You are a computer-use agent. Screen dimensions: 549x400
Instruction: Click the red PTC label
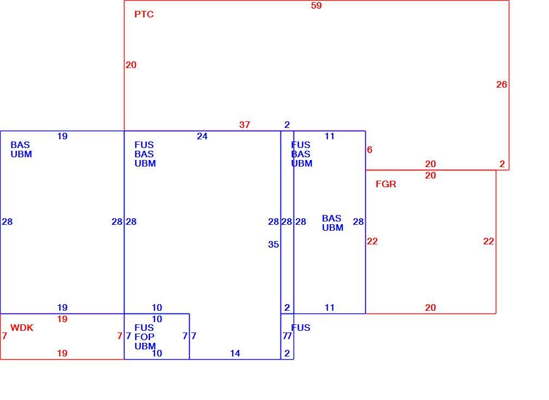pyautogui.click(x=144, y=14)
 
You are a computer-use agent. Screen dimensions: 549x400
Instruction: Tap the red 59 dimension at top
pyautogui.click(x=316, y=5)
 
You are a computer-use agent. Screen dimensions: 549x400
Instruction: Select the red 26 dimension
pyautogui.click(x=501, y=84)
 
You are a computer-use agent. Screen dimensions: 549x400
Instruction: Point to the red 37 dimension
pyautogui.click(x=245, y=125)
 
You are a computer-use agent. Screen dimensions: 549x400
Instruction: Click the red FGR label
pyautogui.click(x=386, y=184)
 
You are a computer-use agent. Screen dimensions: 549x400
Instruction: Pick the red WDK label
pyautogui.click(x=22, y=328)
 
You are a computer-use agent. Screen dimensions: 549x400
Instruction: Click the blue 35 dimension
pyautogui.click(x=273, y=244)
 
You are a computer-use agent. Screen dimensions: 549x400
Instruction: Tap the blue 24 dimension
pyautogui.click(x=202, y=137)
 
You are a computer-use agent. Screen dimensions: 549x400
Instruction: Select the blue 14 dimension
pyautogui.click(x=235, y=353)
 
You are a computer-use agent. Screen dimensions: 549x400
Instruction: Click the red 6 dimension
pyautogui.click(x=370, y=150)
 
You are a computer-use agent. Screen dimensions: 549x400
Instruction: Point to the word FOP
pyautogui.click(x=144, y=337)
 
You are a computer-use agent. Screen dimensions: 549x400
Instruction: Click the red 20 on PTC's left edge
pyautogui.click(x=131, y=65)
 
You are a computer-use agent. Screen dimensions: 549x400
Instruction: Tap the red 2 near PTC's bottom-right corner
pyautogui.click(x=502, y=164)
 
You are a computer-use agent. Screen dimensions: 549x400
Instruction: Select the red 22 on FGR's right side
pyautogui.click(x=489, y=241)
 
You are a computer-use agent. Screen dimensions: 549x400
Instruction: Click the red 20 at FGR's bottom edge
pyautogui.click(x=431, y=308)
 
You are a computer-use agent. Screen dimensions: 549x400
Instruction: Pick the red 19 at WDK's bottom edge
pyautogui.click(x=63, y=353)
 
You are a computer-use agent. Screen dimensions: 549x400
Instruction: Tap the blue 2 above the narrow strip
pyautogui.click(x=287, y=125)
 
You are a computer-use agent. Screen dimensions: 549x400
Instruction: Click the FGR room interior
pyautogui.click(x=431, y=242)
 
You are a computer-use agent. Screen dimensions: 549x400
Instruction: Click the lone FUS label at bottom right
pyautogui.click(x=301, y=328)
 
